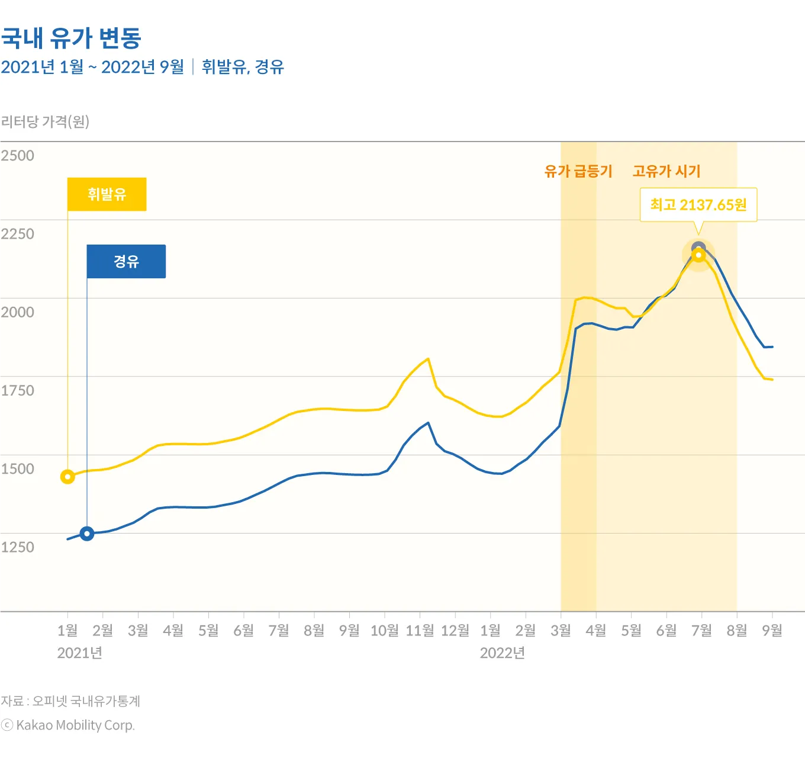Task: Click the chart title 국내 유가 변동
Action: click(71, 38)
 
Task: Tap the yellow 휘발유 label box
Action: click(107, 194)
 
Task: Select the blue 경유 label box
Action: click(126, 261)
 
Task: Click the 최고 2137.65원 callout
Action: click(698, 205)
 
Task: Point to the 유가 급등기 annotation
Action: click(578, 171)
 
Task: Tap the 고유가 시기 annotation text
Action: click(666, 171)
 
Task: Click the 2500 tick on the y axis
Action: click(18, 156)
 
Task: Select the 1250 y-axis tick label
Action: click(18, 547)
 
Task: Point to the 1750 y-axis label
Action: click(18, 390)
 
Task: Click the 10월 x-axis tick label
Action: click(384, 631)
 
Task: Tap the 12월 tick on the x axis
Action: click(455, 631)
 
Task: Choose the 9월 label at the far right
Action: click(772, 631)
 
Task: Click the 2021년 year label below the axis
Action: click(80, 653)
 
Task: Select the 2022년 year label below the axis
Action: click(503, 653)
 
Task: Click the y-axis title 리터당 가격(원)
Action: click(45, 121)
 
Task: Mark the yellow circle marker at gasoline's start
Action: click(67, 477)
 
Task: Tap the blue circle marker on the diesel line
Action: click(87, 534)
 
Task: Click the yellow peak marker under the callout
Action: click(698, 255)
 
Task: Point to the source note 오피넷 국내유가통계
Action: click(86, 701)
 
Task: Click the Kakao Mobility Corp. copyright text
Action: click(75, 725)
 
